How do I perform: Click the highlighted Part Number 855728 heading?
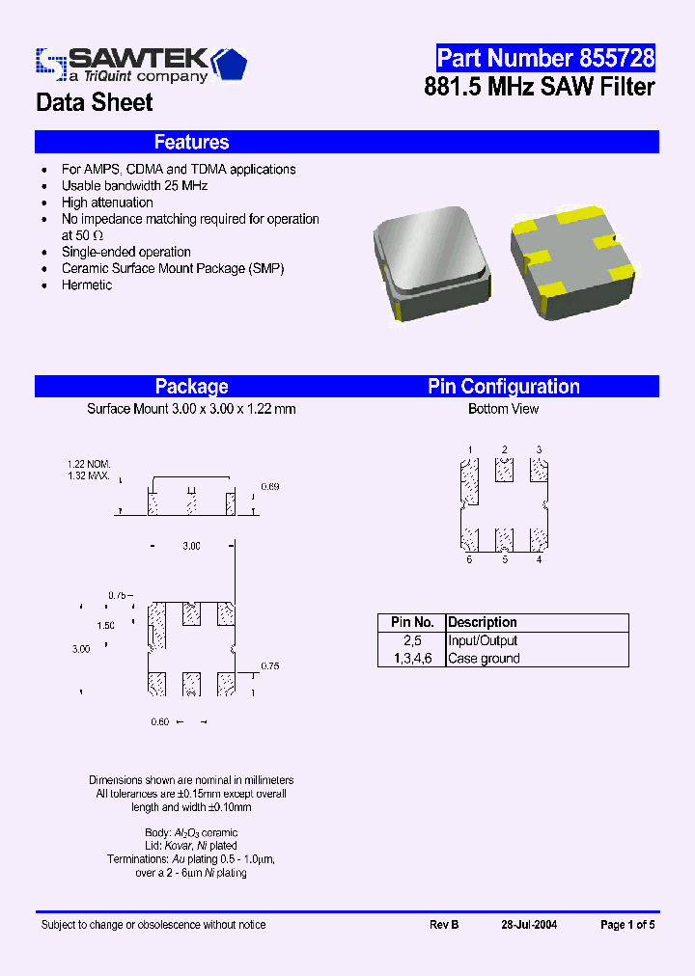coord(545,58)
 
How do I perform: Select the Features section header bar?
coord(347,143)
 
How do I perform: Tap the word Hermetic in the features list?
coord(87,285)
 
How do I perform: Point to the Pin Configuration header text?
coord(504,387)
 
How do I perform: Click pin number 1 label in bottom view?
coord(470,450)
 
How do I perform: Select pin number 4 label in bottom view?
coord(539,560)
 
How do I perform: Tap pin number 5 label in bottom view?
coord(505,560)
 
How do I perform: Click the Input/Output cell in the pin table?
coord(483,640)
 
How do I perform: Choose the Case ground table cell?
coord(484,659)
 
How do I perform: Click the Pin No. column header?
coord(411,623)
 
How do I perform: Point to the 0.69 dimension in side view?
coord(270,487)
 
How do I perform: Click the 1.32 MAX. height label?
coord(88,476)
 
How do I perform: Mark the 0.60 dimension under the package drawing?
coord(160,721)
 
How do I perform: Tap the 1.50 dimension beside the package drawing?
coord(105,626)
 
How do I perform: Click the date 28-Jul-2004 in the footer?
coord(529,925)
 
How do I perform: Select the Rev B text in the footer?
coord(444,925)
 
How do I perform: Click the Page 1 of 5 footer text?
coord(627,925)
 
